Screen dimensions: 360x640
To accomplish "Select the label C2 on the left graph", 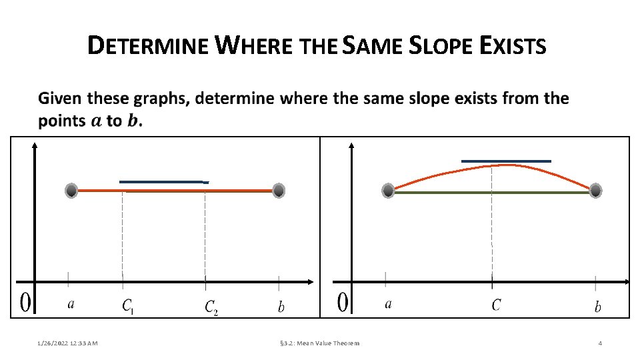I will point(211,307).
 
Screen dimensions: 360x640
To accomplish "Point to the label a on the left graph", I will point(71,305).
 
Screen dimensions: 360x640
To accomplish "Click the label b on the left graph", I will point(281,307).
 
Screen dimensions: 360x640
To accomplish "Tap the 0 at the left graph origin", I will point(24,303).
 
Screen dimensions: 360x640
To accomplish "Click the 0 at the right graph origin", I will point(343,303).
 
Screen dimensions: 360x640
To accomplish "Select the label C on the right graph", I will point(496,305).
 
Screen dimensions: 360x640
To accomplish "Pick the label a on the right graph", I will point(388,305).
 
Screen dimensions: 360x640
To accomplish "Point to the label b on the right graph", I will point(598,307).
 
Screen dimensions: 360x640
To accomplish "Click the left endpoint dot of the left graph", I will point(72,191).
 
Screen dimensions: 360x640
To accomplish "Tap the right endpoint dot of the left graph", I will point(279,191).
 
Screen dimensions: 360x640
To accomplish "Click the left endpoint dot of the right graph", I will point(388,191).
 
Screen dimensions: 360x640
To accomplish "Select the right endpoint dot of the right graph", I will point(595,191).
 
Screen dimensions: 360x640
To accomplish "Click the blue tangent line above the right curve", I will point(506,161).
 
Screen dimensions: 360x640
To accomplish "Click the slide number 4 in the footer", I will point(600,343).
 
